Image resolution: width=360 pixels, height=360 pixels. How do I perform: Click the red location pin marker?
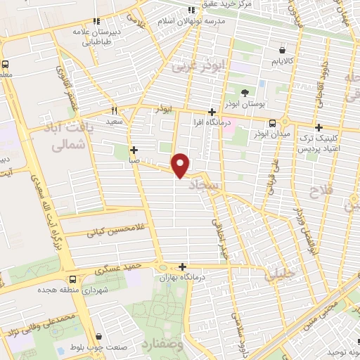[181, 165]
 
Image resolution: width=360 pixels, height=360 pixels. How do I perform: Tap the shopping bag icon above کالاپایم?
[283, 51]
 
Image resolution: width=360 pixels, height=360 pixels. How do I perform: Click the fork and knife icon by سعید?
[115, 110]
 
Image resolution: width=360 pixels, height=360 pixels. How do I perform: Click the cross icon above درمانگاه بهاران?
[183, 266]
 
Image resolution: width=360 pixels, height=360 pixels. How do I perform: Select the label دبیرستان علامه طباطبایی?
[98, 37]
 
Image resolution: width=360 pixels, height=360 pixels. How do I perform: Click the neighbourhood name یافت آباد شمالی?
[68, 136]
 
